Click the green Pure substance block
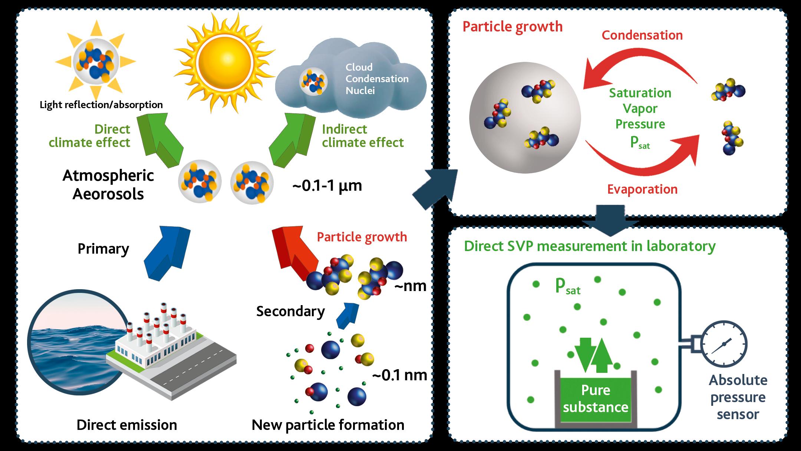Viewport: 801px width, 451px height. (x=596, y=399)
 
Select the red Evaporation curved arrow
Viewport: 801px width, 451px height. (x=642, y=163)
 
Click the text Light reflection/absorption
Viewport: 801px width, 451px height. (x=101, y=105)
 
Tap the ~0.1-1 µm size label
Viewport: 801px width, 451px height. (x=327, y=185)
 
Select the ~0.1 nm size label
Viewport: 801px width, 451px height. (x=399, y=375)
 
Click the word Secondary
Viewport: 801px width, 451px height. (x=290, y=311)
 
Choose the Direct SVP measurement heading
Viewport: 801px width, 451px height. (x=590, y=246)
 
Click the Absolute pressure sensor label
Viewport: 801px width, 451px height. (x=738, y=397)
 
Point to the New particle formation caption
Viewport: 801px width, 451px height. (x=328, y=425)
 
